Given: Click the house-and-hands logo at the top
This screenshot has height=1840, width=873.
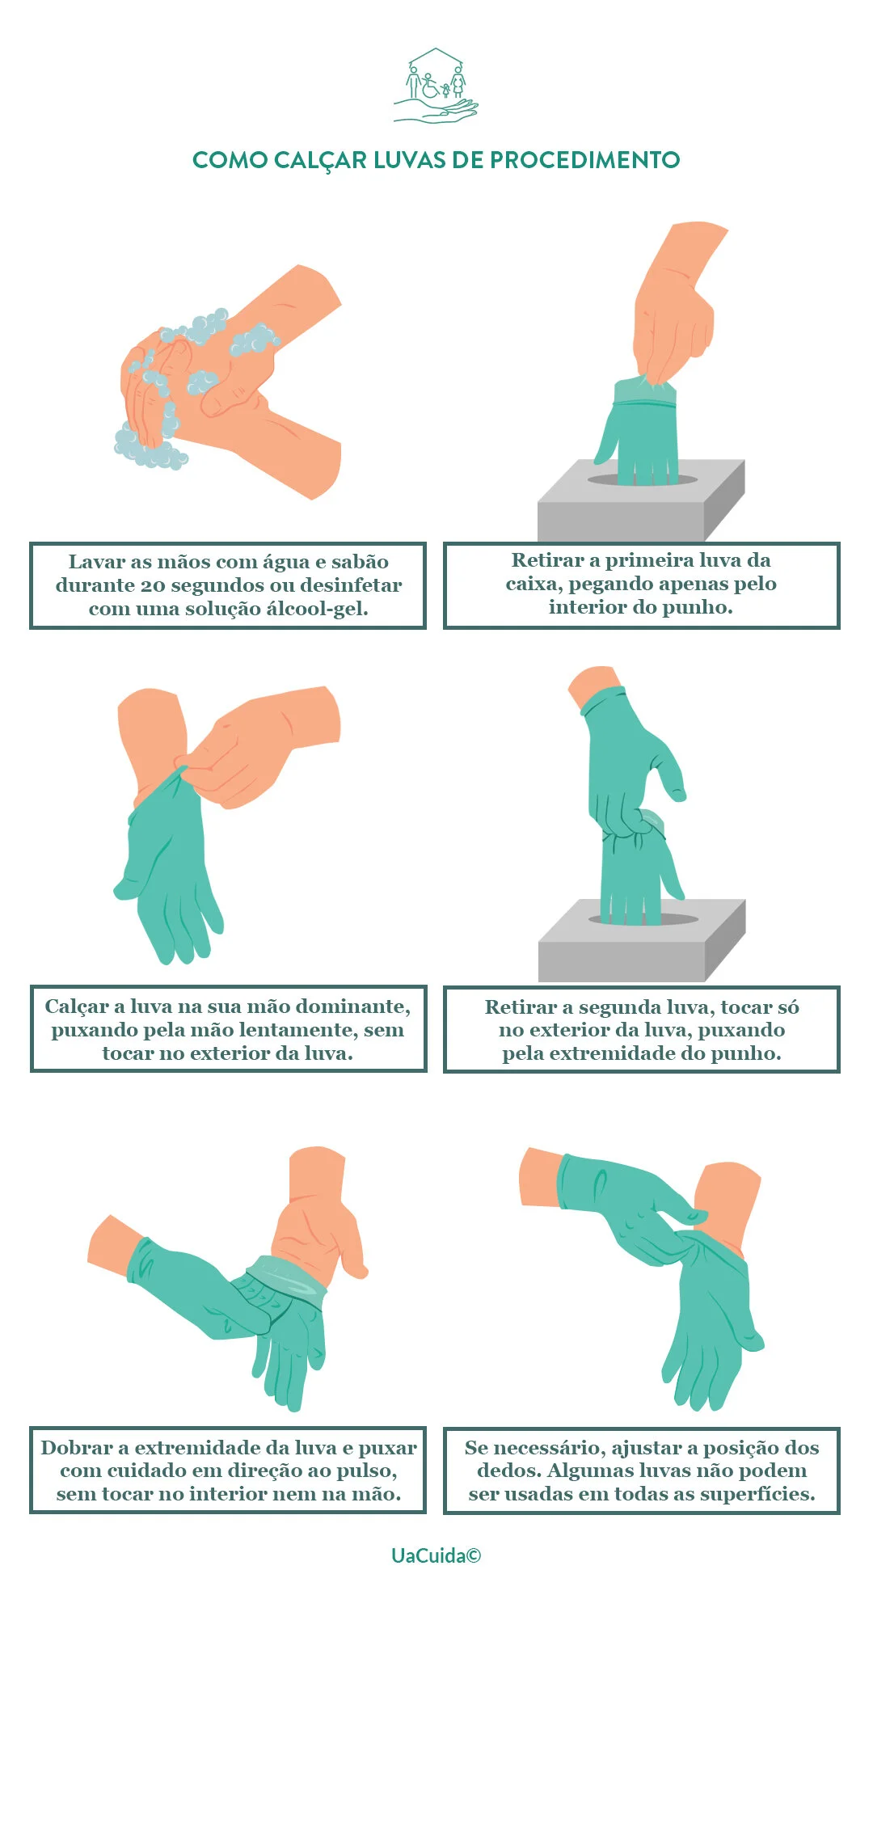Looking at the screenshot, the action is [436, 85].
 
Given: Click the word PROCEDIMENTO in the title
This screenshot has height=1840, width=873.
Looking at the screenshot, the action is [585, 160].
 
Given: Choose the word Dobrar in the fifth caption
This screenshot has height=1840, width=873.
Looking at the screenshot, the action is [74, 1448].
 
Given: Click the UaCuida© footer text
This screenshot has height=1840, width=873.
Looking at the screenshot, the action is [436, 1556].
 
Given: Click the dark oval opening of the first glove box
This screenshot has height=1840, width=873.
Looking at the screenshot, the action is [643, 480].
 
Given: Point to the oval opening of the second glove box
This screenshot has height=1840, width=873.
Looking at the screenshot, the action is [643, 920].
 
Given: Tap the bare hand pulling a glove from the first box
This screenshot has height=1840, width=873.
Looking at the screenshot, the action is [675, 307].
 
